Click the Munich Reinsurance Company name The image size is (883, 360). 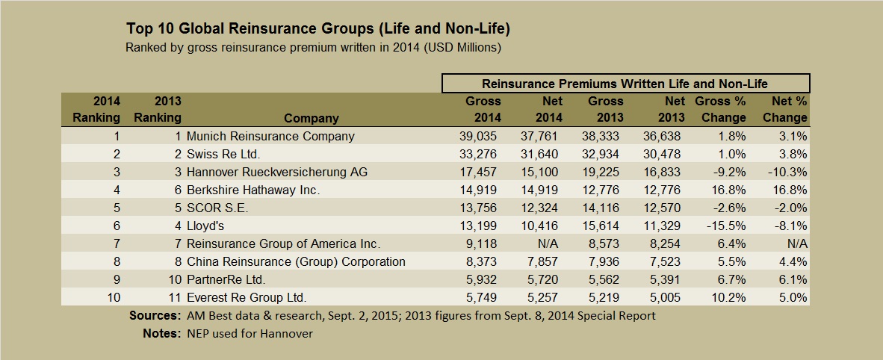(270, 137)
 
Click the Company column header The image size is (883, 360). (312, 118)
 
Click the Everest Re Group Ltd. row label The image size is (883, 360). (247, 298)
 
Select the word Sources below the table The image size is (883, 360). (153, 315)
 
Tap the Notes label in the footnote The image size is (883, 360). (160, 334)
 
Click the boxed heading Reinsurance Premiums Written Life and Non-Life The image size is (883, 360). (625, 84)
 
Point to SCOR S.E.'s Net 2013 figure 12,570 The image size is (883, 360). (663, 208)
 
